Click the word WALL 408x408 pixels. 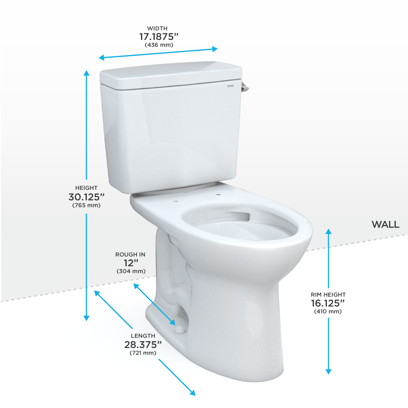pyautogui.click(x=385, y=225)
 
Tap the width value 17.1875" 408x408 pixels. pyautogui.click(x=159, y=36)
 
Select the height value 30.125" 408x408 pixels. pyautogui.click(x=86, y=196)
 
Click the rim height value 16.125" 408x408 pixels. pyautogui.click(x=328, y=303)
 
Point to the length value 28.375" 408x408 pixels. pyautogui.click(x=143, y=344)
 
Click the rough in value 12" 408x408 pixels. pyautogui.click(x=130, y=263)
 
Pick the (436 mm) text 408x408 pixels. pyautogui.click(x=159, y=45)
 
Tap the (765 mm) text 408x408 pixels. pyautogui.click(x=86, y=205)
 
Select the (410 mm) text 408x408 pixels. pyautogui.click(x=328, y=311)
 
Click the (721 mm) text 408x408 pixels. pyautogui.click(x=143, y=353)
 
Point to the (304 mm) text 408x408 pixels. pyautogui.click(x=130, y=271)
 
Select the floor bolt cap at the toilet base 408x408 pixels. pyautogui.click(x=179, y=328)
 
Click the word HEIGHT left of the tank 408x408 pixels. pyautogui.click(x=86, y=188)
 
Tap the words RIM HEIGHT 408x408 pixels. pyautogui.click(x=328, y=294)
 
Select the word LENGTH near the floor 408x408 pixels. pyautogui.click(x=143, y=336)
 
